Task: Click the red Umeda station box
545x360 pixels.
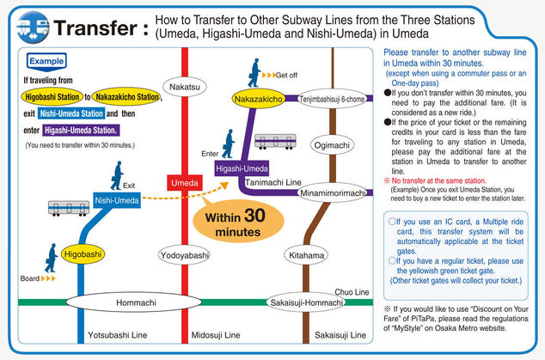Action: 185,182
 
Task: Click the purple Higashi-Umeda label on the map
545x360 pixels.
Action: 242,168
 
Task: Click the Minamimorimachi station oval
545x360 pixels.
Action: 332,193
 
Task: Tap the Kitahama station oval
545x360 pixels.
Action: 306,255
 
